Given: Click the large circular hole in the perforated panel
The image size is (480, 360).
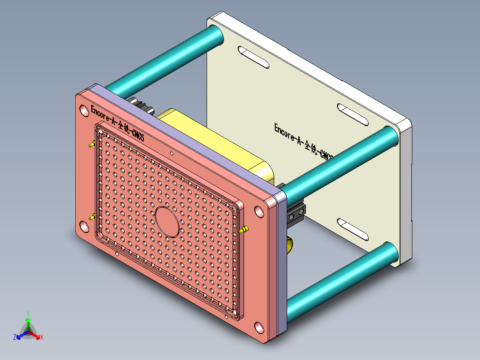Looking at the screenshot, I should (x=167, y=221).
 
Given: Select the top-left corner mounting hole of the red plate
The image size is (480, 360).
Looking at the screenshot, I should (x=83, y=111).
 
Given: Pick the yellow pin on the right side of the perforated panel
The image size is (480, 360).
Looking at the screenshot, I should (x=244, y=229).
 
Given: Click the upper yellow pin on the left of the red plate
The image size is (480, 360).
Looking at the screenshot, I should (x=92, y=144).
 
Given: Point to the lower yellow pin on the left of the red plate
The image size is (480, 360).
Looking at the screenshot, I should (x=92, y=217).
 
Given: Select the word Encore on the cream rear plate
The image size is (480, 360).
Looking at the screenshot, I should (x=287, y=132).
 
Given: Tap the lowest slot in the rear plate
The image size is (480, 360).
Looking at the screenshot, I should (x=353, y=229).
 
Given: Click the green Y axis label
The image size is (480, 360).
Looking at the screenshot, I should (x=28, y=313).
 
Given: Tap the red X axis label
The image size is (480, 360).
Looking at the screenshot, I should (x=42, y=338).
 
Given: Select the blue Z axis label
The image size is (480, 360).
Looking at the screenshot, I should (x=15, y=338).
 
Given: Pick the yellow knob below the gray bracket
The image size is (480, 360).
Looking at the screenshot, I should (x=289, y=245).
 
